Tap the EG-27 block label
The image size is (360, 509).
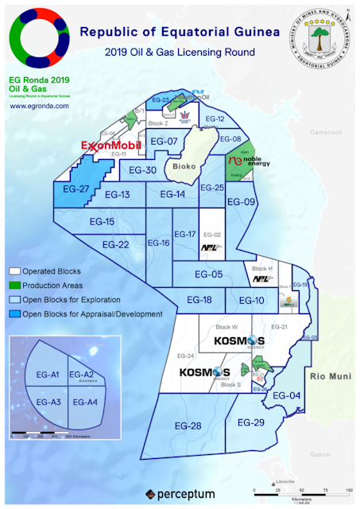click(x=74, y=189)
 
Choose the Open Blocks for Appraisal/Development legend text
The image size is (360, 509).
click(x=92, y=314)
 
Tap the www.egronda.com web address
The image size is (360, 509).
click(x=38, y=105)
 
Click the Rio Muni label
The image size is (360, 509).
click(x=329, y=375)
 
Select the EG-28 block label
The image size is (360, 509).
click(x=188, y=426)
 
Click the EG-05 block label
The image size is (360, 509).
click(x=210, y=274)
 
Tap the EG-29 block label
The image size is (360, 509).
click(x=251, y=422)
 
